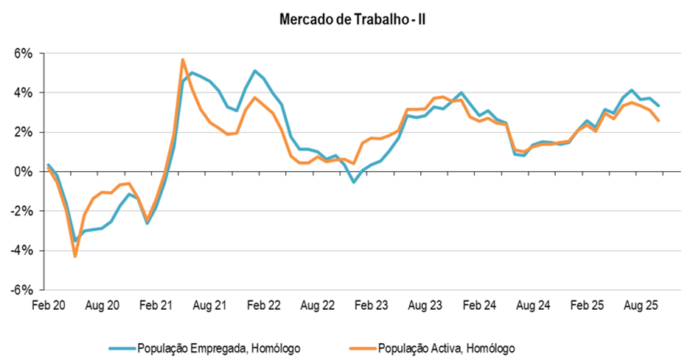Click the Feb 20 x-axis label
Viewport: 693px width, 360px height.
click(x=49, y=305)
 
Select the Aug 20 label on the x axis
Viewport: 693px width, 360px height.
click(x=102, y=305)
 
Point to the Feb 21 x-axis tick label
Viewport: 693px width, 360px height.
click(x=157, y=305)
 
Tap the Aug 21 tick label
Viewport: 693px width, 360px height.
click(x=210, y=305)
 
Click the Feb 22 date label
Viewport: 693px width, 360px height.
click(x=265, y=305)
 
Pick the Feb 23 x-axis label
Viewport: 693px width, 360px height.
click(x=372, y=305)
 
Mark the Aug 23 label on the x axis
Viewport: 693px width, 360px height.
click(x=425, y=305)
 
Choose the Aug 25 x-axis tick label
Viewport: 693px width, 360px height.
click(x=641, y=305)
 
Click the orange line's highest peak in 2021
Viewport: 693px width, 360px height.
click(x=182, y=60)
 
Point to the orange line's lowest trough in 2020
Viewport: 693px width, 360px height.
click(x=75, y=256)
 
